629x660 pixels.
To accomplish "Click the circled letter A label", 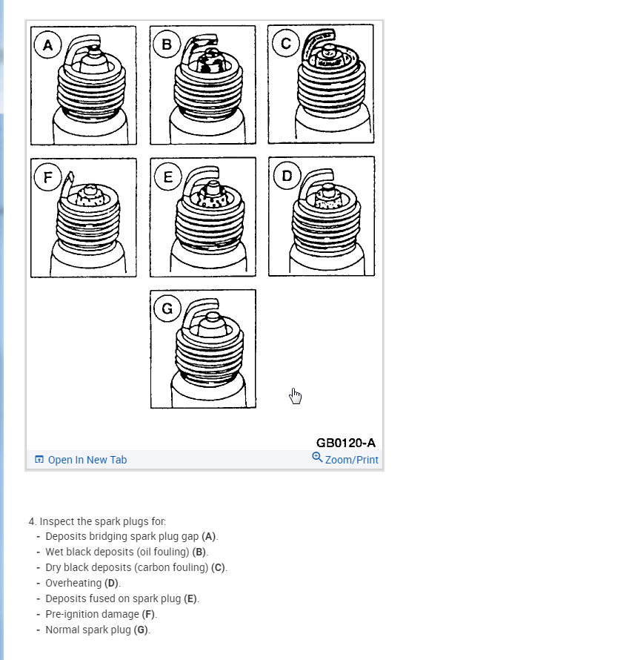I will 48,45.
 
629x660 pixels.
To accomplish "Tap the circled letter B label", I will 167,44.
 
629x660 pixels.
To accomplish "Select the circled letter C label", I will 285,43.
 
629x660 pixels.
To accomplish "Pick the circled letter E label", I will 168,176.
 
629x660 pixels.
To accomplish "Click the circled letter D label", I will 286,176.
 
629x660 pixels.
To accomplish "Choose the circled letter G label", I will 167,308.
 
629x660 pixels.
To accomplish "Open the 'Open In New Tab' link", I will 87,460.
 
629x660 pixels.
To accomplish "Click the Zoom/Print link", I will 351,460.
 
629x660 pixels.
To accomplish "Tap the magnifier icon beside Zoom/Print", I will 317,458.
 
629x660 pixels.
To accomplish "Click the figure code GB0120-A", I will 345,443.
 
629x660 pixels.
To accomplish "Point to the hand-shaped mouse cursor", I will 296,396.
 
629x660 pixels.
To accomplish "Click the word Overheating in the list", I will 73,583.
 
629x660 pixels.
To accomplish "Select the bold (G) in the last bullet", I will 141,630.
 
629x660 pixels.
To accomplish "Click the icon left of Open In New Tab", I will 39,460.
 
